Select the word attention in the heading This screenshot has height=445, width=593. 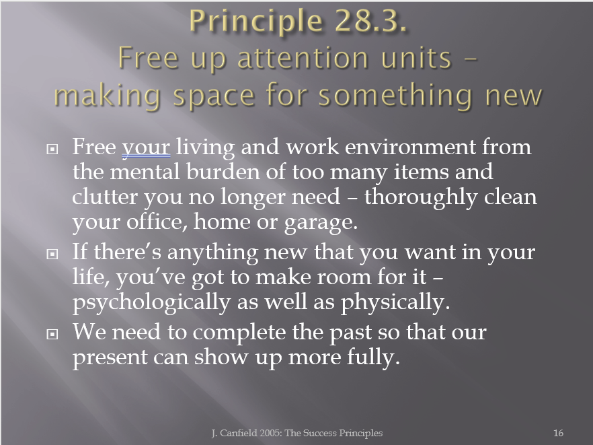point(303,58)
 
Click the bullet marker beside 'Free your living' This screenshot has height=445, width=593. point(52,149)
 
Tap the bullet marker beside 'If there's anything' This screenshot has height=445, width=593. point(52,254)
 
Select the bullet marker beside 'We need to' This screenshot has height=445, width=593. point(52,334)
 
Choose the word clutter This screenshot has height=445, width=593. point(105,197)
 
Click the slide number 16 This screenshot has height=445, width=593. point(558,433)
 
